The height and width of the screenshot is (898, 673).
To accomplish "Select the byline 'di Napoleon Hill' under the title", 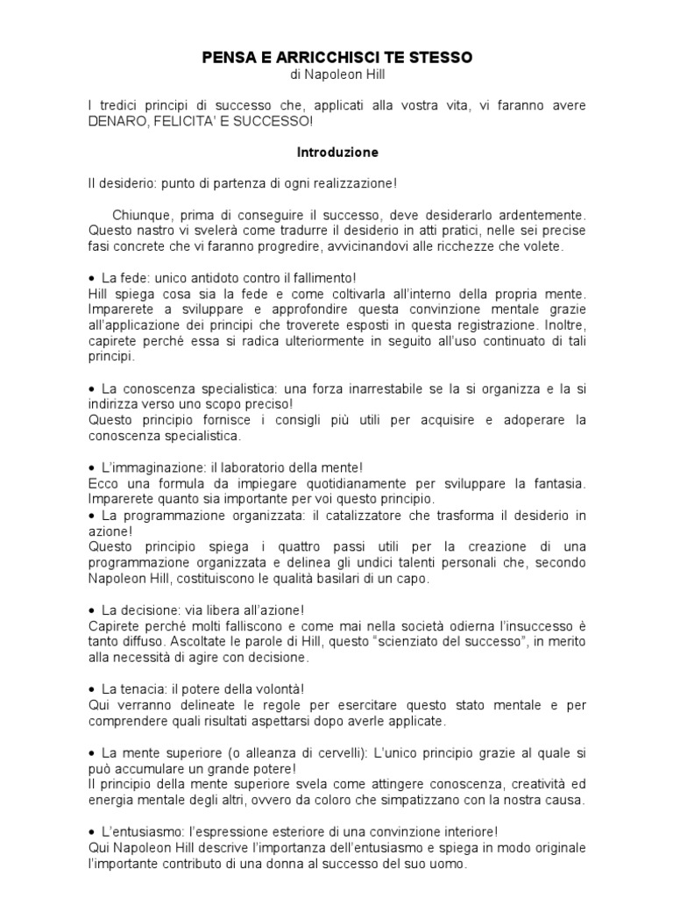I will click(x=337, y=76).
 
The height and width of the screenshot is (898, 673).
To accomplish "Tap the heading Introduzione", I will click(x=337, y=152).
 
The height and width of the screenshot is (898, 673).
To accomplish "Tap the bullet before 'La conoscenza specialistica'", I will click(x=93, y=388).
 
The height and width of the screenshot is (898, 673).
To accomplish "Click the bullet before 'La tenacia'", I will click(x=93, y=689).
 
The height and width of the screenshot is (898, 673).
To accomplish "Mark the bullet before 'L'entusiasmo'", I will click(x=93, y=831).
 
